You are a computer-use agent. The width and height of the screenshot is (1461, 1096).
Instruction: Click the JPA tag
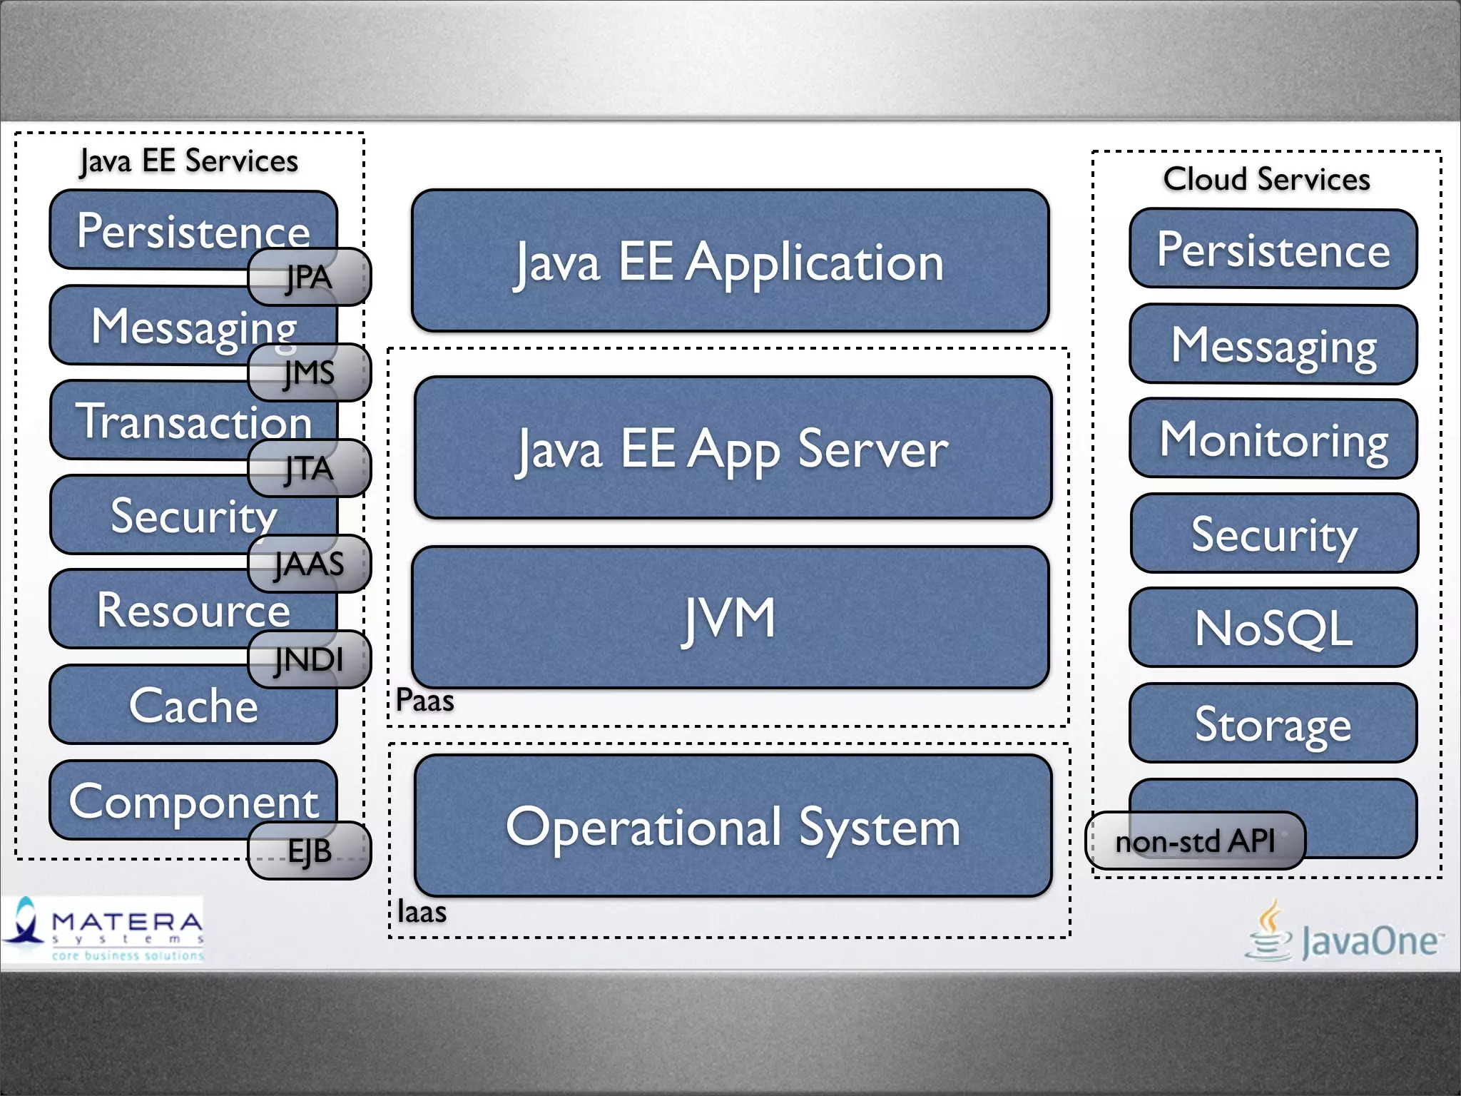309,277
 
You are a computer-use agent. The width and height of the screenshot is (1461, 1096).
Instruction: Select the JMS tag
309,372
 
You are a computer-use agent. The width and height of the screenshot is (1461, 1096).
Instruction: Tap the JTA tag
309,468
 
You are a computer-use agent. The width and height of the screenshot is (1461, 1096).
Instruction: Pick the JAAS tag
309,564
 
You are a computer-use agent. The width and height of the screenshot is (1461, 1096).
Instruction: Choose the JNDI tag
309,659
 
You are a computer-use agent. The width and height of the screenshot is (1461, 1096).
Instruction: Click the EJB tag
309,851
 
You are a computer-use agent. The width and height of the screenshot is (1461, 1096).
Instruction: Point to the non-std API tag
1195,841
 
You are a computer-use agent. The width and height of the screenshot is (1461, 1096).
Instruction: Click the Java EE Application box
730,260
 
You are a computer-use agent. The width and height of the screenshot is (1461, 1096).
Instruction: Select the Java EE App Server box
733,447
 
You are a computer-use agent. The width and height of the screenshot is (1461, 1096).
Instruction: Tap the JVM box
730,617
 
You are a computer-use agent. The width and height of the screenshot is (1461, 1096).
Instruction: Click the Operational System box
733,826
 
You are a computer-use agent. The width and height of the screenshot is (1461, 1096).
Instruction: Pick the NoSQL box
1273,628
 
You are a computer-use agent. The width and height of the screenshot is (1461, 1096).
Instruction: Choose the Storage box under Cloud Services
1273,723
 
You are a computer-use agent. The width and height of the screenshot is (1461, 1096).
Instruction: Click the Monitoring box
1273,439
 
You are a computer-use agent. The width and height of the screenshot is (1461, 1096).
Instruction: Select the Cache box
193,705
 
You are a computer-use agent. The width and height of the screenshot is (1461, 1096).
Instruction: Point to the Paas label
425,700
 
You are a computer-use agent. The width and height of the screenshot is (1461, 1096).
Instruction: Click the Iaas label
422,912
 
